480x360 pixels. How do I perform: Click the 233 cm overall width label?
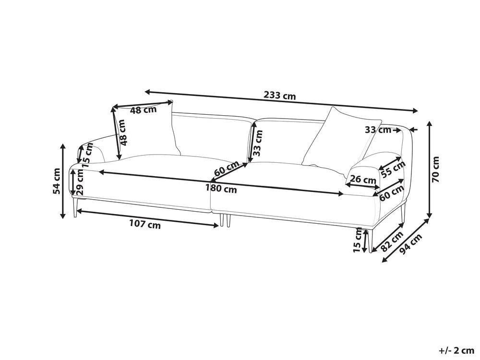(x=280, y=96)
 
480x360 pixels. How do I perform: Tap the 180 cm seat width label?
(x=221, y=188)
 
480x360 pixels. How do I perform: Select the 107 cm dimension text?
(x=144, y=225)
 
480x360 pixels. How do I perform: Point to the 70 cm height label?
(x=435, y=169)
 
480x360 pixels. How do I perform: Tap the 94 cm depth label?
(x=411, y=244)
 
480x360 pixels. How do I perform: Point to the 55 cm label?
(x=393, y=169)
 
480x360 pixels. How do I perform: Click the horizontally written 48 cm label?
(x=143, y=109)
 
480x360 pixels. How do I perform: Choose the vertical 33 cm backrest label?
(x=258, y=143)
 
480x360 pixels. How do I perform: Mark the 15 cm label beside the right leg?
(x=358, y=240)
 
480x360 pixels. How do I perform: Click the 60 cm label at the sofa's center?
(x=227, y=168)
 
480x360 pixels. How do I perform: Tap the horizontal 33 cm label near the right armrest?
(x=378, y=130)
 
